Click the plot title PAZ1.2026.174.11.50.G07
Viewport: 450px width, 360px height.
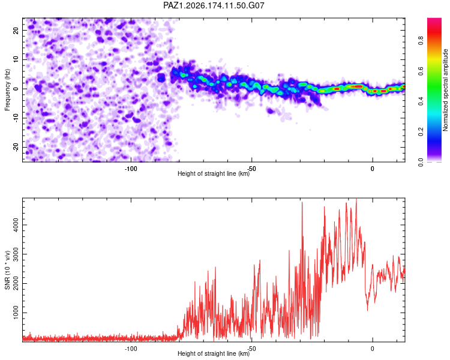pyautogui.click(x=214, y=5)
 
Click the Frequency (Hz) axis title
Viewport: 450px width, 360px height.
pyautogui.click(x=7, y=90)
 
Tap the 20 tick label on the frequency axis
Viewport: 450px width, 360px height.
pyautogui.click(x=16, y=31)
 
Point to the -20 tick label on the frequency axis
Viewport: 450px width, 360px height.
pyautogui.click(x=16, y=147)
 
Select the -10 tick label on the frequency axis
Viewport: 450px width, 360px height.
pyautogui.click(x=16, y=118)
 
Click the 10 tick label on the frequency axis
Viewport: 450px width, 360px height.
pyautogui.click(x=16, y=59)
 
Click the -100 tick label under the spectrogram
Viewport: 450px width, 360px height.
pyautogui.click(x=131, y=169)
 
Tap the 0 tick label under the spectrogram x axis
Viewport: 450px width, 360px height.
pyautogui.click(x=373, y=169)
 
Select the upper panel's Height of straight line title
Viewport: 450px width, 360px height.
pyautogui.click(x=214, y=173)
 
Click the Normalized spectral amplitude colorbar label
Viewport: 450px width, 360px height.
pyautogui.click(x=445, y=90)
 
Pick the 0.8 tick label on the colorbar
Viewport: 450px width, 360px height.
pyautogui.click(x=421, y=40)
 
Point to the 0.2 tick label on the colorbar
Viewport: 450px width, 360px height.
pyautogui.click(x=421, y=131)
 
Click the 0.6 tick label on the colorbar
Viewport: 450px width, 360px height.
pyautogui.click(x=421, y=71)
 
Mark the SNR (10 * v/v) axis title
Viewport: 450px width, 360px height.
pyautogui.click(x=7, y=270)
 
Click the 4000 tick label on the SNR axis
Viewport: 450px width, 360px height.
pyautogui.click(x=16, y=225)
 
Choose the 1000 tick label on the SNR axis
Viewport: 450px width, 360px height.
pyautogui.click(x=16, y=313)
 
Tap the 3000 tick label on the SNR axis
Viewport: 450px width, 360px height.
pyautogui.click(x=16, y=254)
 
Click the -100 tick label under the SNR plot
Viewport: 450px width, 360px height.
pyautogui.click(x=131, y=349)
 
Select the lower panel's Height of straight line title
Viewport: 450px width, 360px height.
pyautogui.click(x=214, y=353)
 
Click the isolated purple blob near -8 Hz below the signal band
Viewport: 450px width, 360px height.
pyautogui.click(x=271, y=110)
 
